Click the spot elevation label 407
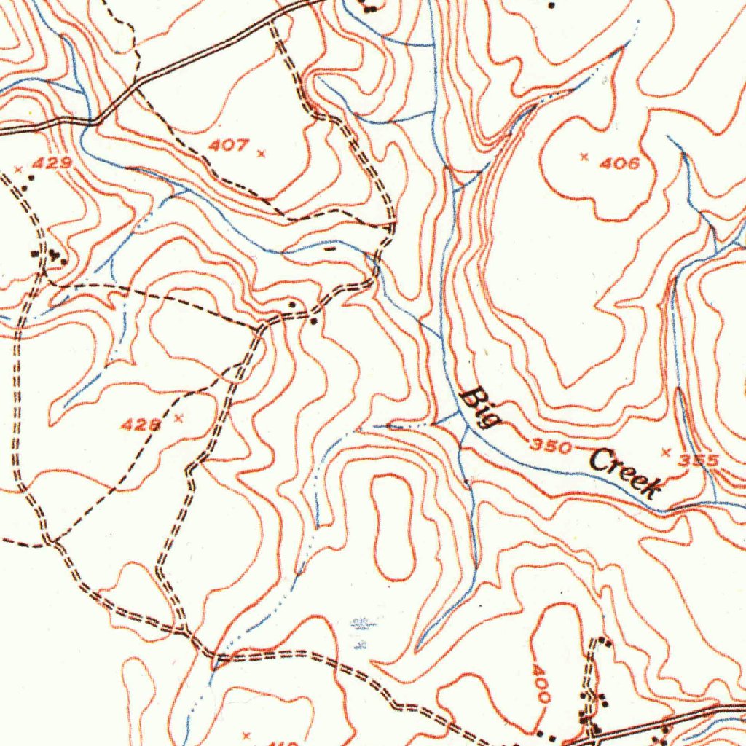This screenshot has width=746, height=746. pos(228,146)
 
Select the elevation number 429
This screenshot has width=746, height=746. pos(52,163)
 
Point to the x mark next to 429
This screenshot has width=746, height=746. pos(18,169)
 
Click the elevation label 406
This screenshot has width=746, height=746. pos(620,163)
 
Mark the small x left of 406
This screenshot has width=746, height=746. pos(584,156)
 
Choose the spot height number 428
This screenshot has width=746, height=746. pos(141,424)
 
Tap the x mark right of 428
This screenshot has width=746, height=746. pos(179,418)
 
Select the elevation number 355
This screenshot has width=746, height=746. pos(699,460)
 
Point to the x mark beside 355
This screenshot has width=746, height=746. pos(664,452)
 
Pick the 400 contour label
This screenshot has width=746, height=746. pos(540,683)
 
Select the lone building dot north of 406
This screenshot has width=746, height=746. pos(551,5)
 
